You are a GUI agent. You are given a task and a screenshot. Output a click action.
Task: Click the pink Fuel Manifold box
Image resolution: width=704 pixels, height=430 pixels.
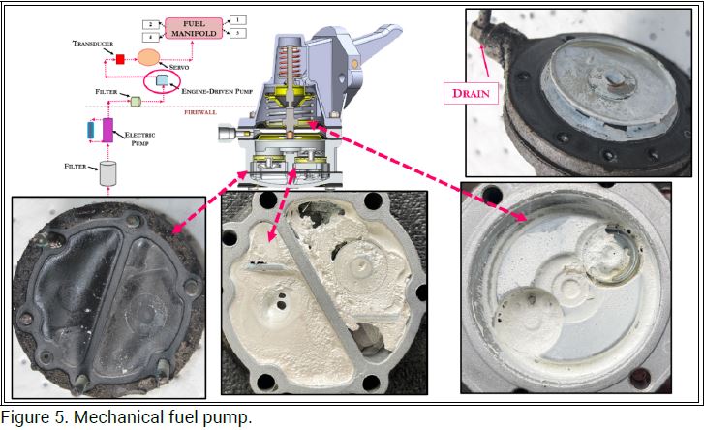[194, 28]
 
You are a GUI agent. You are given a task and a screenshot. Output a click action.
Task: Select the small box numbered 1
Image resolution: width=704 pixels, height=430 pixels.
[237, 20]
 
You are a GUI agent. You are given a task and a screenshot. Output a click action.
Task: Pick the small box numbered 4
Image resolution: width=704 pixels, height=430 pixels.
[151, 37]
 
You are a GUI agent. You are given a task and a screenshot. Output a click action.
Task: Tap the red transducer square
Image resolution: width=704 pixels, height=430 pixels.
[120, 59]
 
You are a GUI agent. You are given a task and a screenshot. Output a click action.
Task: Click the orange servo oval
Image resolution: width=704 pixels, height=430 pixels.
[148, 57]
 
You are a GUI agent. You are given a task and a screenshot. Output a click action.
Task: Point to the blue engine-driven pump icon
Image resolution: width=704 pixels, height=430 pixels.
[162, 80]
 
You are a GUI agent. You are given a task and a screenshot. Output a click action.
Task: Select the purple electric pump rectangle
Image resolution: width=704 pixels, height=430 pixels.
[107, 130]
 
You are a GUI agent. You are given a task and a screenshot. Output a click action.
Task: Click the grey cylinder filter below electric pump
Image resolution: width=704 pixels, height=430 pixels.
[107, 173]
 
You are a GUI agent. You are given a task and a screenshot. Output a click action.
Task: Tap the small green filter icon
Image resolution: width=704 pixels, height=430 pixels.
[136, 101]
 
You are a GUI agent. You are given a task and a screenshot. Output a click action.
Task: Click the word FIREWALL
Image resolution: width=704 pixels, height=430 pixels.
[200, 112]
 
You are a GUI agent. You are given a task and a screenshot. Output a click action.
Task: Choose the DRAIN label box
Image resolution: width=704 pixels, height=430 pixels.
[471, 93]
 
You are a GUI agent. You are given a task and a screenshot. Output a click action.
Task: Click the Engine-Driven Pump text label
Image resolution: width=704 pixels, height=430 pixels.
[217, 91]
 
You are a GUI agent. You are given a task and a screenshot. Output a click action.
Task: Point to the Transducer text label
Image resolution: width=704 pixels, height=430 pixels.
[93, 43]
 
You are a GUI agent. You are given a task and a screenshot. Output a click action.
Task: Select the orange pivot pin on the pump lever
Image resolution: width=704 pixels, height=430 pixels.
[354, 64]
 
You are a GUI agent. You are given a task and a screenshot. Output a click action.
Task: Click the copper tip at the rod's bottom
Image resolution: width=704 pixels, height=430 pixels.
[291, 135]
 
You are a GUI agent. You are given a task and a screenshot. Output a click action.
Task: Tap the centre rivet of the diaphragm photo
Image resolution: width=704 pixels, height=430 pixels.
[614, 79]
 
